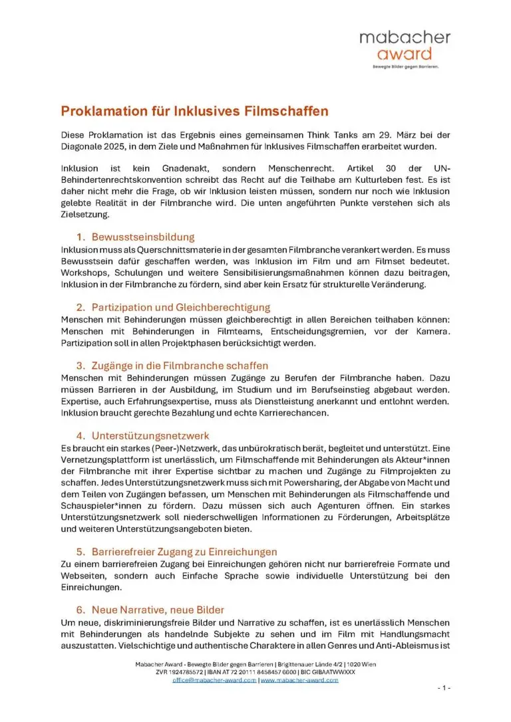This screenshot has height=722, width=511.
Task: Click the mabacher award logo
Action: [x=405, y=45]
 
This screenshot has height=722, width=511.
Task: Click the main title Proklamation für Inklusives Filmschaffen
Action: [x=195, y=111]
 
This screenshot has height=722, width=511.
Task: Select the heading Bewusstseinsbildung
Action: [x=143, y=237]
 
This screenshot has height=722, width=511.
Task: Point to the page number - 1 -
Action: [x=444, y=687]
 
